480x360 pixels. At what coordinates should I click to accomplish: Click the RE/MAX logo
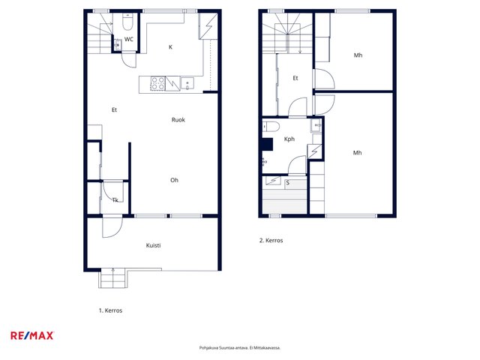(32, 335)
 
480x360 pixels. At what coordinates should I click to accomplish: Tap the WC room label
(129, 39)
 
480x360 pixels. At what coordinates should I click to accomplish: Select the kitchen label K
(171, 46)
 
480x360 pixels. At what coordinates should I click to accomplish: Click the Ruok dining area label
(178, 120)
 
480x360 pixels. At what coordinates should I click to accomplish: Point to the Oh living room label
(174, 180)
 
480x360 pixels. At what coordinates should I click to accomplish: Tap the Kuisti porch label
(153, 245)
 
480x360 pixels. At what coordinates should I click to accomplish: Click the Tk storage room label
(115, 200)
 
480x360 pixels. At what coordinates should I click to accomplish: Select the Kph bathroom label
(289, 139)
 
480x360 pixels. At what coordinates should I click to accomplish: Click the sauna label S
(288, 183)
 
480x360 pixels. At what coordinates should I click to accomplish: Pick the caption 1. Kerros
(110, 310)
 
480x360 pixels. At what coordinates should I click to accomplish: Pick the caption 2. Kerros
(271, 240)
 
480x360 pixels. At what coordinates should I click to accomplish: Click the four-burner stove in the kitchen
(158, 83)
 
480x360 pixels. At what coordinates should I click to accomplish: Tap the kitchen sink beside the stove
(187, 84)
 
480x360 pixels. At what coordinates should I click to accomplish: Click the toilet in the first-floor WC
(127, 22)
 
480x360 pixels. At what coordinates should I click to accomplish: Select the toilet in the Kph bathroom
(271, 126)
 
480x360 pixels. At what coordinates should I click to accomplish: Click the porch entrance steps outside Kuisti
(113, 278)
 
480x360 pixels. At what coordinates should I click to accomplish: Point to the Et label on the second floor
(295, 78)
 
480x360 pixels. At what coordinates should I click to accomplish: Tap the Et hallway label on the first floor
(114, 109)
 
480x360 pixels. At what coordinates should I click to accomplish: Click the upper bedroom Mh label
(358, 55)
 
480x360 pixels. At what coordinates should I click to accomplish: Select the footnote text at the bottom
(240, 348)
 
